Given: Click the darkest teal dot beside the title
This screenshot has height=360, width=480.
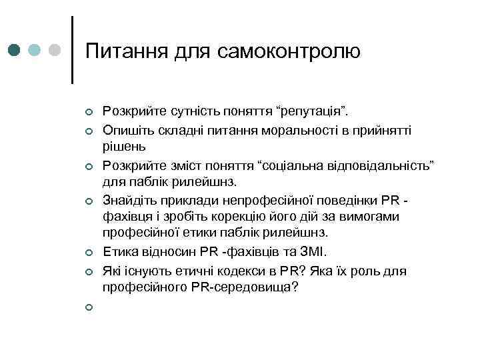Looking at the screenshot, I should (x=15, y=50).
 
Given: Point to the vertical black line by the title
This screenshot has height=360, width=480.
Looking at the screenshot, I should (x=71, y=50).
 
